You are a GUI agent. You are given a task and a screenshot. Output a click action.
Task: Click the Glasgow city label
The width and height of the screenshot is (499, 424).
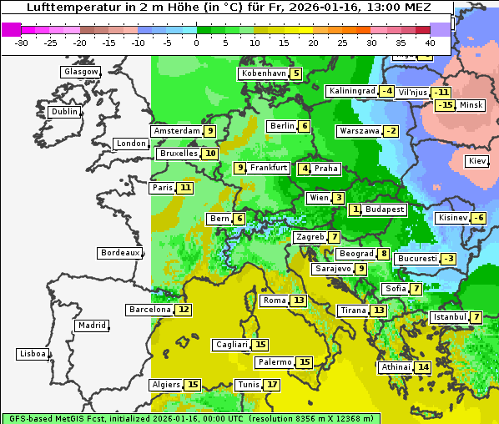click(80, 72)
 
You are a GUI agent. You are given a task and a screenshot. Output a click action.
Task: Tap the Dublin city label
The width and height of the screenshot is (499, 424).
click(63, 112)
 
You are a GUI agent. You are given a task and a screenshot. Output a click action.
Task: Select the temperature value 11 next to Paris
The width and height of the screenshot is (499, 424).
click(184, 188)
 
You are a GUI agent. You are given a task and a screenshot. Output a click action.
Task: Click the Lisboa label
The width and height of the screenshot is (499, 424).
click(32, 354)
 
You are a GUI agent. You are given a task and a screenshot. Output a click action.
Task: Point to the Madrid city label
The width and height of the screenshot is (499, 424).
click(91, 326)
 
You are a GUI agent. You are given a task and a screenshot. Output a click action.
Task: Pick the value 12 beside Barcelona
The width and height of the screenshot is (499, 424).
click(184, 310)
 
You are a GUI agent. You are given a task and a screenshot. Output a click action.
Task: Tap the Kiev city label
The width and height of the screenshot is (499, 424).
click(477, 161)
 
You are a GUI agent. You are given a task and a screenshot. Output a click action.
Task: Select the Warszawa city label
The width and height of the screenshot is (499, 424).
click(359, 131)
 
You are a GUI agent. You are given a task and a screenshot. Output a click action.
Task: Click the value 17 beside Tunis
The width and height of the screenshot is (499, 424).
click(272, 385)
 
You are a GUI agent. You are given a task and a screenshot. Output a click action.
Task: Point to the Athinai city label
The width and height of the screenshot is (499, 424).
click(396, 367)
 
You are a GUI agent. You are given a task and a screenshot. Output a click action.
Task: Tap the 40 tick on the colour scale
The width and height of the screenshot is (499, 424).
click(430, 43)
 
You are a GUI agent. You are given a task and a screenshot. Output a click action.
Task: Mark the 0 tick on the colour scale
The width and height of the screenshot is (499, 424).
click(196, 43)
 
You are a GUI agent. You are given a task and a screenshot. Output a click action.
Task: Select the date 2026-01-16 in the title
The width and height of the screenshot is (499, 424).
click(322, 8)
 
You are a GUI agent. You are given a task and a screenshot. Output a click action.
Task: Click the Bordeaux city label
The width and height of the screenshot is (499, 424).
click(119, 253)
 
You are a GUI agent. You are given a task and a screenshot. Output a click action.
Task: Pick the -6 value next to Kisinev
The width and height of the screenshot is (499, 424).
click(478, 218)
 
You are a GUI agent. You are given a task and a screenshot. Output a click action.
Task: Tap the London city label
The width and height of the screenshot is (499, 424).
click(131, 144)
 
